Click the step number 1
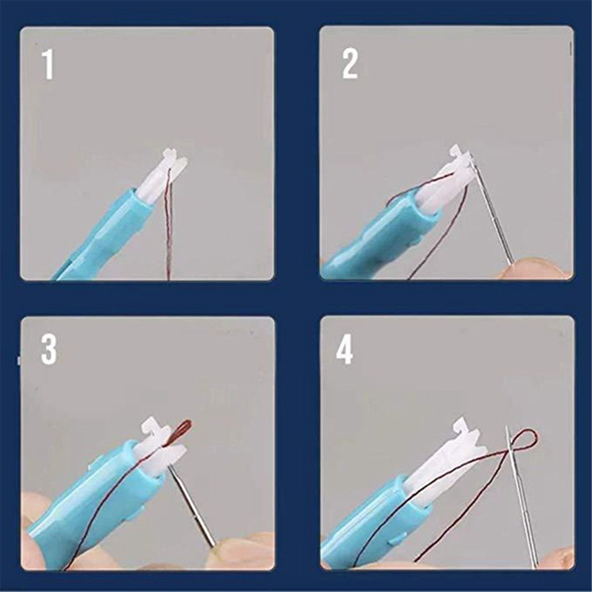point(48,65)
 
